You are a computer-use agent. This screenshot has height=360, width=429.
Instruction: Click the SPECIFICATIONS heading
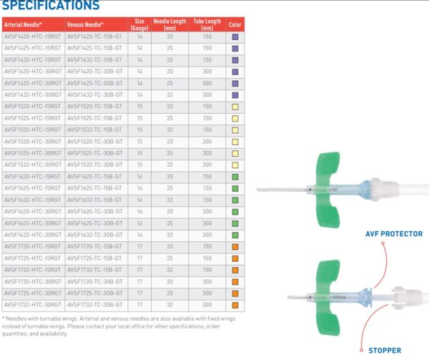51,5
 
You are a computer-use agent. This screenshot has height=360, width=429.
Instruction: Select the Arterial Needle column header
23,24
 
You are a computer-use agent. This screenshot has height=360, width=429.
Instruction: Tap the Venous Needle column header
85,24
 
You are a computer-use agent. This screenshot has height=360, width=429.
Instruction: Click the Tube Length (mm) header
207,24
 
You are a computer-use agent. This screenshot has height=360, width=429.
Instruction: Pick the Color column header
235,24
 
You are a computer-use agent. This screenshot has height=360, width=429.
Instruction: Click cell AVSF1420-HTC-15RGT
33,37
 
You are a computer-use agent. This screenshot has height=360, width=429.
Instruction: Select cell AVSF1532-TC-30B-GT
94,165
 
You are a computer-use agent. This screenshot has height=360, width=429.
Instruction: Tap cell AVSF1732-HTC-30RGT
33,305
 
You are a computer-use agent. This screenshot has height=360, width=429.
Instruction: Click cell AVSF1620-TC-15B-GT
94,177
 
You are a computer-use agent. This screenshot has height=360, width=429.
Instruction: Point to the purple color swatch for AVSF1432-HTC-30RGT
235,95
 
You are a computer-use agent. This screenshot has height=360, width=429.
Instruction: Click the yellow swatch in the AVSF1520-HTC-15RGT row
235,107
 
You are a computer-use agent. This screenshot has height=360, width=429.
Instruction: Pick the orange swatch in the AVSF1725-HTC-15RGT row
235,258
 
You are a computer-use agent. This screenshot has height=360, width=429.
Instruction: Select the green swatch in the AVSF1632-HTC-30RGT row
235,235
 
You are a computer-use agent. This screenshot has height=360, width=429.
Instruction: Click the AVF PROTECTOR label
394,234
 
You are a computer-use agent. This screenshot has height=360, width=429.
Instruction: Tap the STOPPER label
385,351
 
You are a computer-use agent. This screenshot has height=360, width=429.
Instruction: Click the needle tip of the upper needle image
257,189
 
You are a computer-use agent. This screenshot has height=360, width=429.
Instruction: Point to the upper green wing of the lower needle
327,276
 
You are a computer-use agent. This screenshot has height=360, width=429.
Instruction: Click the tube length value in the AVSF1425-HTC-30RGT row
207,83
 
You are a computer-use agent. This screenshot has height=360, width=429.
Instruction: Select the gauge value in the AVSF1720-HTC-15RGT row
139,247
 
